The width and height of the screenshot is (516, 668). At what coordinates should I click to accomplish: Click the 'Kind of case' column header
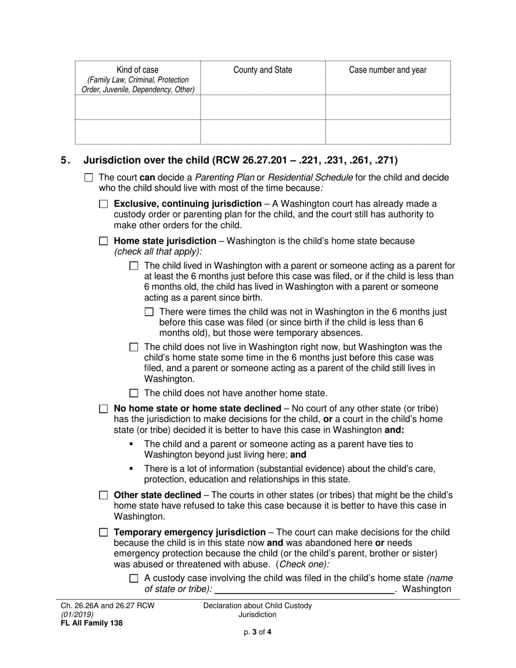coord(137,70)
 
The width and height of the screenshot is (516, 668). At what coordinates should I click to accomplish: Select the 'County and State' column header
coord(262,70)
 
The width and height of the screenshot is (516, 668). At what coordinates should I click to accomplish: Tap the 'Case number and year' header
coord(387,70)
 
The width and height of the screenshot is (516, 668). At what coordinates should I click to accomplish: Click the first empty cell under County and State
coord(262,107)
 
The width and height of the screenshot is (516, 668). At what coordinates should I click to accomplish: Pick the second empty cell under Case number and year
coord(387,131)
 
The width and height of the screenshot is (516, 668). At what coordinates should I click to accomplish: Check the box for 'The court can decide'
coord(89,178)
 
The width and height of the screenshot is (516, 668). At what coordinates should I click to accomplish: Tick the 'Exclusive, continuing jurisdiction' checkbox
coord(104,204)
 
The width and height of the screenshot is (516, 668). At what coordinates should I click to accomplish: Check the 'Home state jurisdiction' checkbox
coord(104,241)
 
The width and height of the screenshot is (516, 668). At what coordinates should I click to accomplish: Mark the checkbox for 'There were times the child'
coord(150,312)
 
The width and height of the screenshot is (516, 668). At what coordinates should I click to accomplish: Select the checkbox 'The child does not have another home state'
coord(134,394)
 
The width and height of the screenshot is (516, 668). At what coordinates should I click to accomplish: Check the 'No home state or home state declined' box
coord(104,408)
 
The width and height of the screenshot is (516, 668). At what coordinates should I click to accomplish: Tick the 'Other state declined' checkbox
coord(104,495)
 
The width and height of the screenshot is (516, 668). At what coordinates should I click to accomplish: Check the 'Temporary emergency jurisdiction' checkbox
coord(104,533)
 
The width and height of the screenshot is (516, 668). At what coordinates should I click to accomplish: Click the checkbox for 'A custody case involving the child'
coord(134,579)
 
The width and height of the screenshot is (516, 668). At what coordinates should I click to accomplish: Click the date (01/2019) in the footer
coord(76,614)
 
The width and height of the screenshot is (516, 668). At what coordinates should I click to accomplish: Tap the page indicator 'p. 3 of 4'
coord(257,632)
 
